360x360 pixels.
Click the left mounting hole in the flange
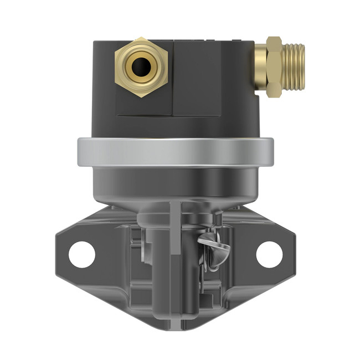(82, 254)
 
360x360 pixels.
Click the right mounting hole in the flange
(269, 254)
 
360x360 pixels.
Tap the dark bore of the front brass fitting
(141, 66)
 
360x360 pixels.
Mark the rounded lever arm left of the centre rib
(158, 260)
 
